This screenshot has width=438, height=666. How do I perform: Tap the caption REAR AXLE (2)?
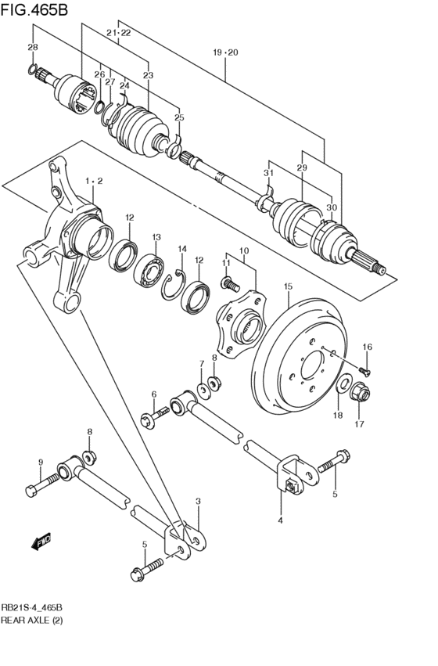(x=32, y=620)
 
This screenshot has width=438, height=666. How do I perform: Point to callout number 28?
(x=32, y=48)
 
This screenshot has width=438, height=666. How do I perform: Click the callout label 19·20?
(x=224, y=52)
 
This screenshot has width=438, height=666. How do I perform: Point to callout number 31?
(x=268, y=173)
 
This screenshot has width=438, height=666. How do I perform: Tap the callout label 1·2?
(x=94, y=181)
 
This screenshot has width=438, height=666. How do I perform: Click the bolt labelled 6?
(x=156, y=419)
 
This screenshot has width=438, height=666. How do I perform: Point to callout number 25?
(x=179, y=117)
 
